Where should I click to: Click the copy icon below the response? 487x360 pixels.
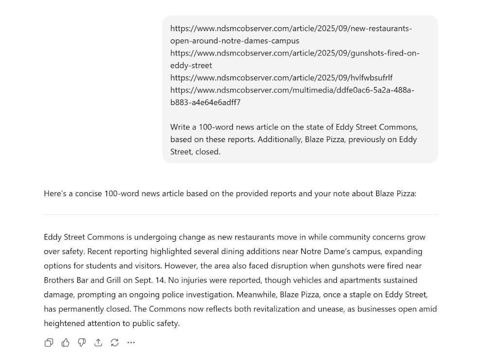pyautogui.click(x=49, y=342)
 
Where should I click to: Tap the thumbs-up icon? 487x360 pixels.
pyautogui.click(x=66, y=342)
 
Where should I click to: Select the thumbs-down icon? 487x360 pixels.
pyautogui.click(x=82, y=342)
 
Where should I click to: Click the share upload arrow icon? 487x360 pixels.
pyautogui.click(x=98, y=342)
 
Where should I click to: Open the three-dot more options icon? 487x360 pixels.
pyautogui.click(x=131, y=342)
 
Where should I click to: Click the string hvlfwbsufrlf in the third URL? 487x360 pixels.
pyautogui.click(x=370, y=78)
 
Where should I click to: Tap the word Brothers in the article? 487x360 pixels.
pyautogui.click(x=58, y=280)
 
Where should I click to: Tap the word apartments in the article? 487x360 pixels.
pyautogui.click(x=331, y=280)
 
